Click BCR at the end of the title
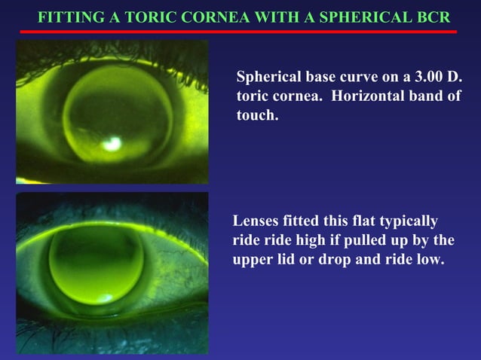pyautogui.click(x=434, y=17)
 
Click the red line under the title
pyautogui.click(x=238, y=32)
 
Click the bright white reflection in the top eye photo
pyautogui.click(x=113, y=142)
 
